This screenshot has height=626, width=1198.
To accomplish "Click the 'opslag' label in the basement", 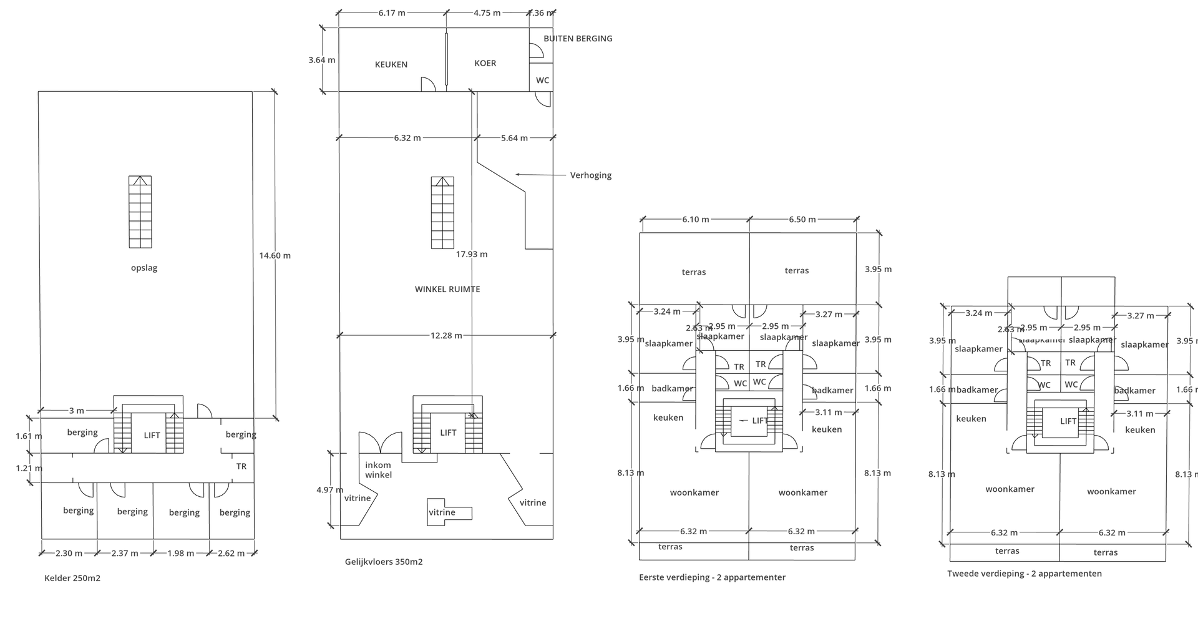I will coord(144,268).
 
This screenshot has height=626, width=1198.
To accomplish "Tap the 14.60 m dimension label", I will coord(275,255).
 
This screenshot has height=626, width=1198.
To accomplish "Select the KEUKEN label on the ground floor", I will coord(391,64).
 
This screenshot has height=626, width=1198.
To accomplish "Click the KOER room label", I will coord(485,63).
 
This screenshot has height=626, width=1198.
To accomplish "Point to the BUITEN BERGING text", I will coord(578,39).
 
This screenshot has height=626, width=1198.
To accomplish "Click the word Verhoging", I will coord(590,175).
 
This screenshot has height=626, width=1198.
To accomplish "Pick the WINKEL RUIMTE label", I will coord(447,289).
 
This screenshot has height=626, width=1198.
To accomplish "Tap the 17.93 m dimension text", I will coord(472,254).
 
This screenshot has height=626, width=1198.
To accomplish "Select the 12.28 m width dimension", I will coord(446,336).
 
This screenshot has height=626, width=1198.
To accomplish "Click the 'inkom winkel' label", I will coord(378,470).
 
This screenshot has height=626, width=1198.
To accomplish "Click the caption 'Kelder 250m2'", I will coord(72,578).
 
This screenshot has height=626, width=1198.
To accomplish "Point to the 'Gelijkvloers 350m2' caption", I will coord(384,562).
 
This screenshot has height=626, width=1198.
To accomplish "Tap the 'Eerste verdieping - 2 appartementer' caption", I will coord(712,577).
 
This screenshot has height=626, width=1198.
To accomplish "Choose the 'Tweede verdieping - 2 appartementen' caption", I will coord(1024,574).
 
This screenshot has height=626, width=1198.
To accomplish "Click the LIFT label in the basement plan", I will coord(152,436).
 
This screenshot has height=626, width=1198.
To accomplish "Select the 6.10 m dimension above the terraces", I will coord(695,220).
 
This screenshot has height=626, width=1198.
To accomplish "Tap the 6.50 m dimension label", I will coord(802,220).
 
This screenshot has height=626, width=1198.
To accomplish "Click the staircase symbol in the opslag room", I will coord(140,212).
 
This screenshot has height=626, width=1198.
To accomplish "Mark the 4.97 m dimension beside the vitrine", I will coord(329,490).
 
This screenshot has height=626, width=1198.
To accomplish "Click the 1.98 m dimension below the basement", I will coord(180,553).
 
